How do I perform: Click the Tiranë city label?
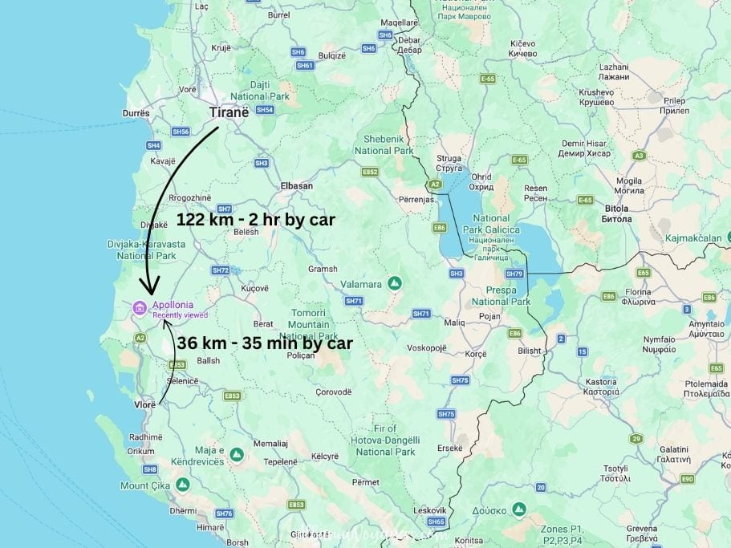click(x=228, y=112)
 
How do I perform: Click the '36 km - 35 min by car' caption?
click(x=266, y=343)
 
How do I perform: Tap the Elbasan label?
click(x=296, y=185)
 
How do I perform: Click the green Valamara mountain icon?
click(x=394, y=283)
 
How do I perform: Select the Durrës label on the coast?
click(x=136, y=114)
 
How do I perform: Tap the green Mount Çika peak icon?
click(x=183, y=485)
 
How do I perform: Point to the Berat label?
click(x=263, y=324)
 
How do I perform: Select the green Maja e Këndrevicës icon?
click(x=236, y=455)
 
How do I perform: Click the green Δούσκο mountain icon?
click(x=519, y=509)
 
